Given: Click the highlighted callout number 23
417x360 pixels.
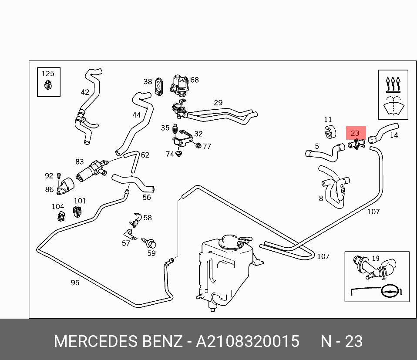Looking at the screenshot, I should pos(355,133).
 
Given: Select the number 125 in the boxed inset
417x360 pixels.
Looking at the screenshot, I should pos(48,74).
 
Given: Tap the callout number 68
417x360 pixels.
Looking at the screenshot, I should pos(194,80).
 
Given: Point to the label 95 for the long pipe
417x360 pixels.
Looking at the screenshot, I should pos(75,283).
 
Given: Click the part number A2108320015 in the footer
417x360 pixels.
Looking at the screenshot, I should pos(247,342).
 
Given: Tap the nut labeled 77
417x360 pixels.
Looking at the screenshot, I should pos(198,145).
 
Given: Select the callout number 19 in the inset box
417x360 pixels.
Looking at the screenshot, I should pos(376,259).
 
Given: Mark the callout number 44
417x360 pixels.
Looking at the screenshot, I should pos(137,115).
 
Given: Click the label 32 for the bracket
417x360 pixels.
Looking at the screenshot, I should pos(198,134).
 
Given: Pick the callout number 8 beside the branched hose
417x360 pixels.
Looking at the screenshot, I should pos(321,199).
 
